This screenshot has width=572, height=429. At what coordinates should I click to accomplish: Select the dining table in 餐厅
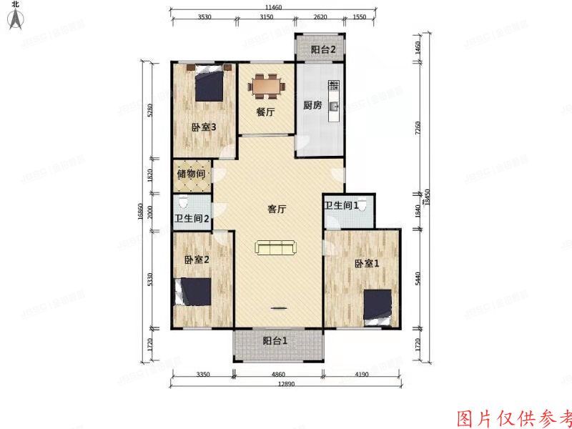point(267,87)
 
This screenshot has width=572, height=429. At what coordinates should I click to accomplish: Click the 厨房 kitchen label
point(312,105)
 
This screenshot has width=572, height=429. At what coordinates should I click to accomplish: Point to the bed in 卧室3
point(210,84)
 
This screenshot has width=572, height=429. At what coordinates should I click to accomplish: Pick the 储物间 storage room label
point(192,174)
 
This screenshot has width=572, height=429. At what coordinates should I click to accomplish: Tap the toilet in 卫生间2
point(184,201)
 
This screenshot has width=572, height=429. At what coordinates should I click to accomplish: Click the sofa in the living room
point(276,248)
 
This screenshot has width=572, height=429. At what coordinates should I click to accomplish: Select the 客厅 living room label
point(277,209)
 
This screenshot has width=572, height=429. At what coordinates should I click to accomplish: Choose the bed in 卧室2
point(193,292)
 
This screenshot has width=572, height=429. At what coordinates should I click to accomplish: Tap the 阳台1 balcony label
point(275,341)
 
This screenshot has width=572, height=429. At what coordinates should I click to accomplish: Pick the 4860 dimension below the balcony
point(280,374)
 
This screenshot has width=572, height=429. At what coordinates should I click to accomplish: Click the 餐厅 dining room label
point(266,112)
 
